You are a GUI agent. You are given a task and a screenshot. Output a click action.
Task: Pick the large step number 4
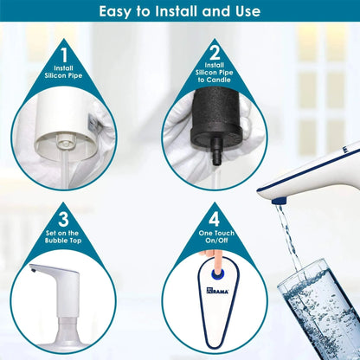tap(214, 218)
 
